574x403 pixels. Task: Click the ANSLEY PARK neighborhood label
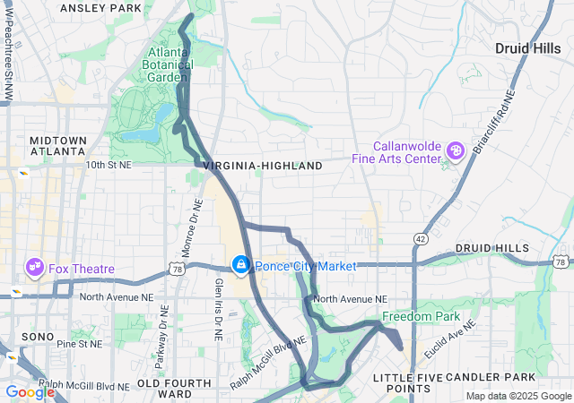point(100,8)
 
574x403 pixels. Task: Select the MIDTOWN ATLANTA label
point(58,145)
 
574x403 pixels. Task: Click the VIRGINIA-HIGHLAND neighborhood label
point(263,167)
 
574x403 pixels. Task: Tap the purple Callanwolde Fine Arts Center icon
point(456,150)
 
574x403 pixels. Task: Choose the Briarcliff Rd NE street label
point(496,118)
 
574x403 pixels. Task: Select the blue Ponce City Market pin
point(240,265)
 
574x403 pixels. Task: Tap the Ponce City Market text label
point(305,266)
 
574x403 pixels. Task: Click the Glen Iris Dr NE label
point(218,307)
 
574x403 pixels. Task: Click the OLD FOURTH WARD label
point(176,388)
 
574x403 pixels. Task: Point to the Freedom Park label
point(420,317)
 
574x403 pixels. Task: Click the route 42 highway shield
point(421,239)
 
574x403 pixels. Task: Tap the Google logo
point(30,392)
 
